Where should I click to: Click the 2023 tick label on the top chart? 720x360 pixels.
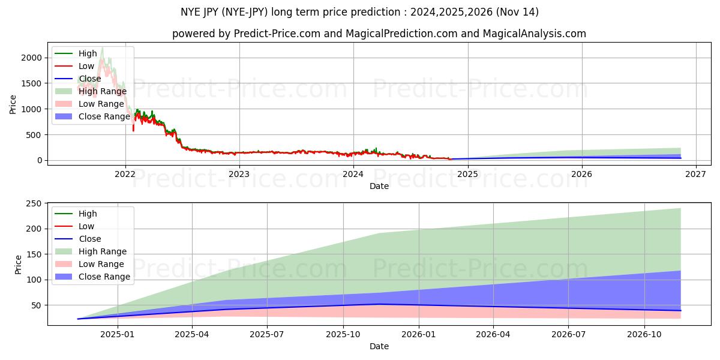tap(239, 175)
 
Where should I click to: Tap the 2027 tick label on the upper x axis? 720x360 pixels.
tap(695, 175)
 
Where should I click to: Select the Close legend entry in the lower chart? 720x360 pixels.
tap(90, 239)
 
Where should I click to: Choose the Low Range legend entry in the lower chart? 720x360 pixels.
tap(101, 264)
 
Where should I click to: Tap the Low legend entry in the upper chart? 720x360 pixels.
tap(86, 66)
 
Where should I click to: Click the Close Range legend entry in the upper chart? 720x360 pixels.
tap(104, 116)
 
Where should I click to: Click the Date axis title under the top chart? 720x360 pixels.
tap(379, 186)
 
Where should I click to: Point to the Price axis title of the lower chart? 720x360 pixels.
tap(18, 265)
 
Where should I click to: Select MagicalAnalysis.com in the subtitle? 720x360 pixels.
tap(529, 34)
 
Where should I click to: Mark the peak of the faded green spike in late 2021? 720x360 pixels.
tap(102, 47)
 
